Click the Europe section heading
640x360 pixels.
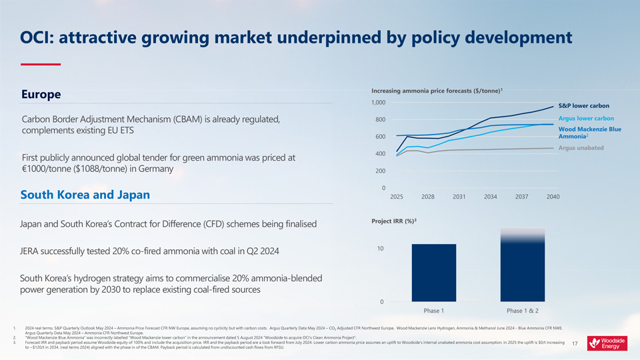[x=41, y=95]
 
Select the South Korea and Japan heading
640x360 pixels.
[x=85, y=195]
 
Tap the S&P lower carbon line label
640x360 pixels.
[x=583, y=105]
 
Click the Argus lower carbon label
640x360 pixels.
[x=586, y=119]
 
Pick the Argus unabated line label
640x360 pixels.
[x=581, y=147]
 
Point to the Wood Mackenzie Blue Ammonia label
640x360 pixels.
[x=589, y=133]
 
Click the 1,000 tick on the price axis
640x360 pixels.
[x=378, y=103]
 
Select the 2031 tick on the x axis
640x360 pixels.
[x=459, y=197]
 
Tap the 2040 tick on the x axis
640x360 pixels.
[x=553, y=197]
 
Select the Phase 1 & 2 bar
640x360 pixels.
[x=522, y=267]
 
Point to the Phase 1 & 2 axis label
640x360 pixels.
[x=522, y=311]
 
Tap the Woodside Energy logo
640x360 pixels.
[x=607, y=343]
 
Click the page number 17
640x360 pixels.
[x=575, y=344]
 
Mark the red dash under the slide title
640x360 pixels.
[x=41, y=64]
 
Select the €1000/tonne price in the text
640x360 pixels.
[x=49, y=169]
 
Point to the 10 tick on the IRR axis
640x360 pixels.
[x=381, y=249]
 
